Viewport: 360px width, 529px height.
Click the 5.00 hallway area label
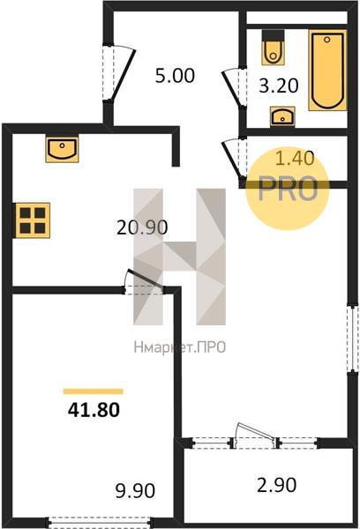pos(175,76)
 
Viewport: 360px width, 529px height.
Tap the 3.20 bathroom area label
pos(279,86)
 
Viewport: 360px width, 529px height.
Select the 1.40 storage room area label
pos(296,158)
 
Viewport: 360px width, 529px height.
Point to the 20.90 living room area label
pos(142,227)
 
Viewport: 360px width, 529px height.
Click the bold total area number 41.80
pos(94,410)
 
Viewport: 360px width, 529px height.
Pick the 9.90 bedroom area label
pos(135,490)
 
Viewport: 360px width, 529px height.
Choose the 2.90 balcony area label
pos(276,485)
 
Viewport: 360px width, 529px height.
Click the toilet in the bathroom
pos(273,48)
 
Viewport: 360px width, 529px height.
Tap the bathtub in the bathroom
pos(327,70)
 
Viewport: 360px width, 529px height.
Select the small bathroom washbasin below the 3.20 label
pos(282,116)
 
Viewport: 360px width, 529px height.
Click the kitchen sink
pos(62,150)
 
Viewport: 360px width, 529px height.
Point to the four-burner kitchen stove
pos(32,220)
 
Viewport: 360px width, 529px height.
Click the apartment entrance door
pos(119,73)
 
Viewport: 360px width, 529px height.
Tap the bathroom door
pos(234,87)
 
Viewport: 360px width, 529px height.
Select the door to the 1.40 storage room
pos(234,160)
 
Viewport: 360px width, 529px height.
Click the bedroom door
pos(144,282)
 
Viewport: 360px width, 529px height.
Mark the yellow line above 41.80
pos(94,391)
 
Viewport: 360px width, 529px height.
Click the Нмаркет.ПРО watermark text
pos(180,347)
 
